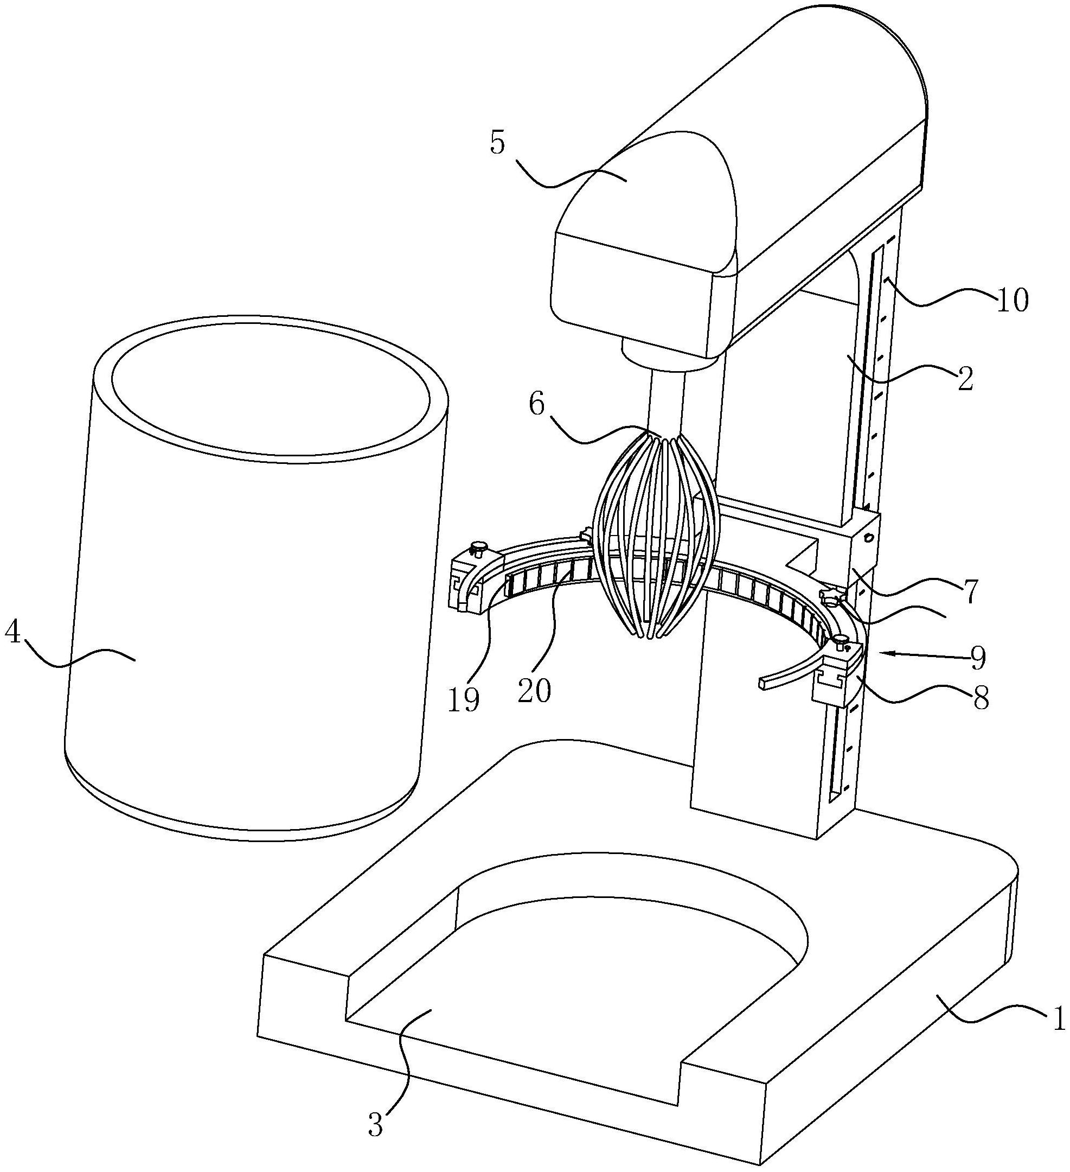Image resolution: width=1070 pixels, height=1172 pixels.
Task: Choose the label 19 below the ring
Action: tap(463, 700)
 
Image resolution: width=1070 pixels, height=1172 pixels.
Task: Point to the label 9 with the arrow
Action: tap(978, 658)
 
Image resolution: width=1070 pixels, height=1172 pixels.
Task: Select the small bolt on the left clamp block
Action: tap(479, 546)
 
